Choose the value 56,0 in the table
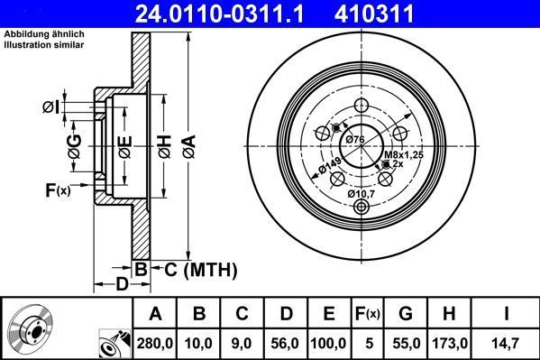click(x=287, y=344)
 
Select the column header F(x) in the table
click(x=370, y=314)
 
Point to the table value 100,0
click(x=330, y=344)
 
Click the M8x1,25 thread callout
click(x=403, y=155)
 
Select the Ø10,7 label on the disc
click(x=364, y=192)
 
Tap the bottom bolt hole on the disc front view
click(x=362, y=209)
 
